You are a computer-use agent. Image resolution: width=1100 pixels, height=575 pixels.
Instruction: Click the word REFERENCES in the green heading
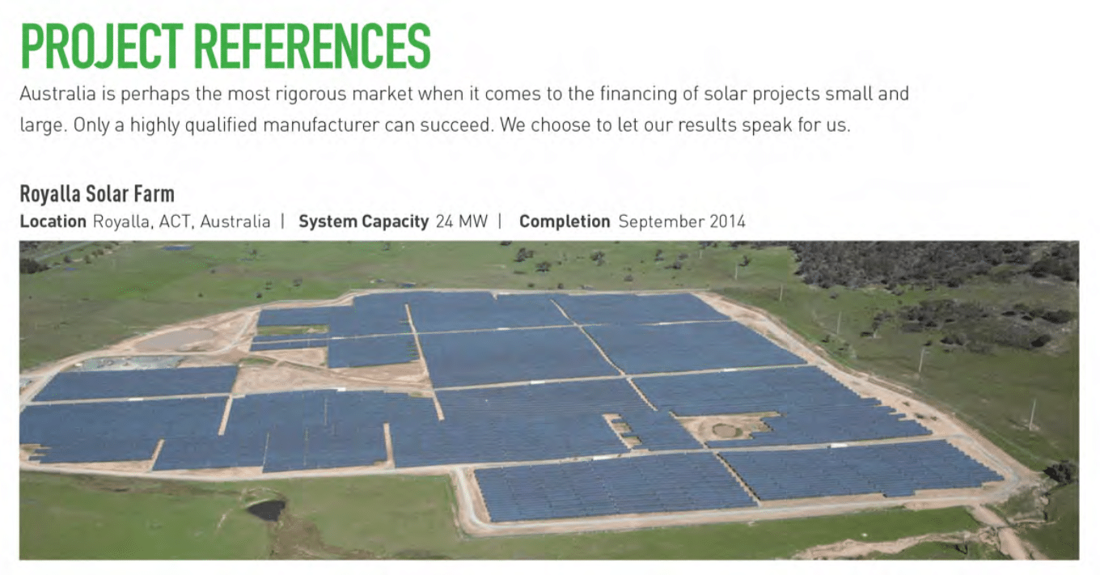coord(313,46)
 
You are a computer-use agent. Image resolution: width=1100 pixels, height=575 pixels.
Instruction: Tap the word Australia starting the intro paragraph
coord(58,93)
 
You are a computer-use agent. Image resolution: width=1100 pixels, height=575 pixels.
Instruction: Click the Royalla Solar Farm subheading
coord(97,194)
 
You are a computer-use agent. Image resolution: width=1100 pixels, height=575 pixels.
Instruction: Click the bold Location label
coord(53,222)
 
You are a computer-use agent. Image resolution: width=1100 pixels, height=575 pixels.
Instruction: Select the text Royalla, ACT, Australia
coord(182,222)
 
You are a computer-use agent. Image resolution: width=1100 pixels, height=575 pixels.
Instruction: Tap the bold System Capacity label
coord(364,222)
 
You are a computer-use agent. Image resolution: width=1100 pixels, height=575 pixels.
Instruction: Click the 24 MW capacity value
coord(462,222)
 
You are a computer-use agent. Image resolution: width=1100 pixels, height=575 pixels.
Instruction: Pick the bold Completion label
coord(565,222)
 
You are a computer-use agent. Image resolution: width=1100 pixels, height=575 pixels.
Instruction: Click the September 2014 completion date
coord(682,222)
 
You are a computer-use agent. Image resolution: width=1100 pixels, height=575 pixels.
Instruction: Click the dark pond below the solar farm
coord(267,509)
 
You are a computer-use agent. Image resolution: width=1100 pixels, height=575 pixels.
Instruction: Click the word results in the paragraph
coord(707,125)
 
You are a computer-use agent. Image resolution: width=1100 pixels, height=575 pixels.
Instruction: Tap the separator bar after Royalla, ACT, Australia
coord(283,222)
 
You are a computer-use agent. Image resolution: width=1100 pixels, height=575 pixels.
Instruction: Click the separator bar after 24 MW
coord(500,222)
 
